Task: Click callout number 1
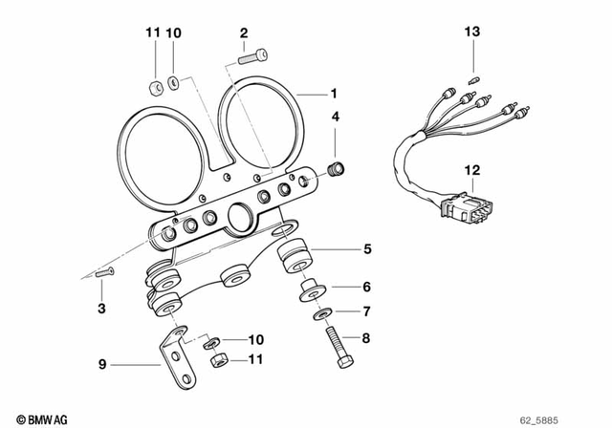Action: coord(334,93)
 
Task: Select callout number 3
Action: coord(102,308)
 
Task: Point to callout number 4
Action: coord(335,117)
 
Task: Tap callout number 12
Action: coord(470,170)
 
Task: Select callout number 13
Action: coord(470,33)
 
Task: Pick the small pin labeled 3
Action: coord(105,274)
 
